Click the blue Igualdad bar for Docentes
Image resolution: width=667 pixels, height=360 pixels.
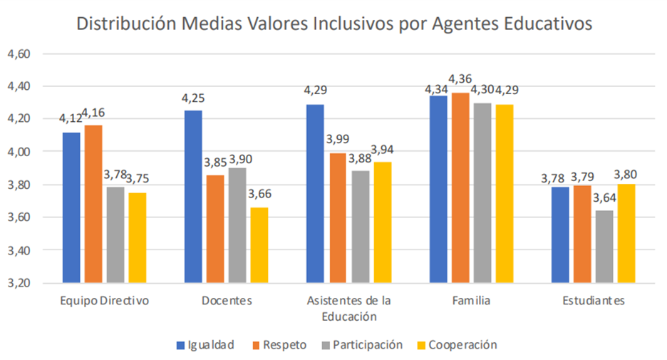[x=193, y=197]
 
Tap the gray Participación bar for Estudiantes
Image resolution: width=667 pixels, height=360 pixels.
[x=604, y=246]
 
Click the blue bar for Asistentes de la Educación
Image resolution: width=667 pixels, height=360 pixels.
[x=314, y=194]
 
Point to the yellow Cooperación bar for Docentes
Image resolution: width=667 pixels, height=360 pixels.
[x=258, y=245]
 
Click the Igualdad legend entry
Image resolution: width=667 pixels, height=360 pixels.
[x=205, y=345]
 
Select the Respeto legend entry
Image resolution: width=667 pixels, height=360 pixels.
[x=279, y=345]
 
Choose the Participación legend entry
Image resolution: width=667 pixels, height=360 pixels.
[x=362, y=345]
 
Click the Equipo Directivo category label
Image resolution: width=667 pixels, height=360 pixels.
[x=104, y=301]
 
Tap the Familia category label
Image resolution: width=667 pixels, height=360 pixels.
[x=472, y=301]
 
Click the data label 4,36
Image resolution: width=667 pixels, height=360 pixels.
[x=461, y=78]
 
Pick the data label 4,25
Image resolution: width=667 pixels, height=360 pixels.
[x=193, y=98]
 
